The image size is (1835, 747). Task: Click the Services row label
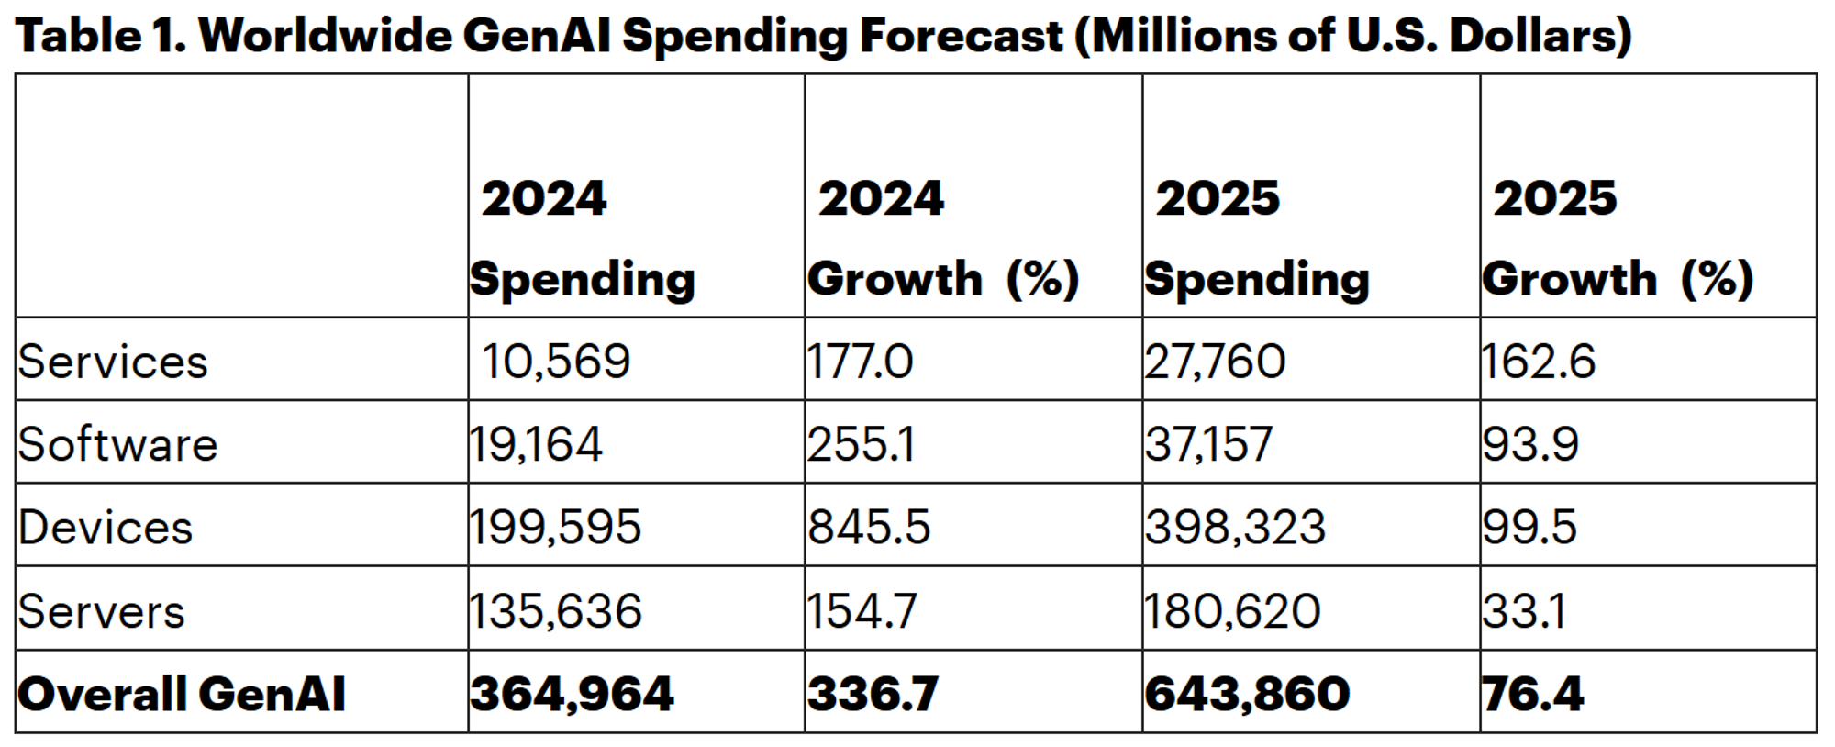(113, 362)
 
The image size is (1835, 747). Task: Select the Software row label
(117, 444)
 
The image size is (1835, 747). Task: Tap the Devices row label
(106, 528)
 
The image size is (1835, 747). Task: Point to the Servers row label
(101, 611)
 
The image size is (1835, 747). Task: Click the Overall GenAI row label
(182, 694)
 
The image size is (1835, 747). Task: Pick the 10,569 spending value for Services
(556, 361)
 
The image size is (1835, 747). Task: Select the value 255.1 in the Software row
(861, 444)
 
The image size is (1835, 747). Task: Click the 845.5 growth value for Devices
(869, 528)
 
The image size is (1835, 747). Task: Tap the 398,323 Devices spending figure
(1235, 528)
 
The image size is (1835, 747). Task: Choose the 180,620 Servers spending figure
(1232, 611)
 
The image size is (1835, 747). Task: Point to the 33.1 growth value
(1524, 611)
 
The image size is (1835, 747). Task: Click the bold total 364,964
(572, 694)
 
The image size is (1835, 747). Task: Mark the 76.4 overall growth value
(1533, 694)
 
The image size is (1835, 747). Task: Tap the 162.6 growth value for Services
(1539, 361)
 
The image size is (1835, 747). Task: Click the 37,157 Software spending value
(1208, 444)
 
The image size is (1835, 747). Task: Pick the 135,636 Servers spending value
(555, 611)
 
